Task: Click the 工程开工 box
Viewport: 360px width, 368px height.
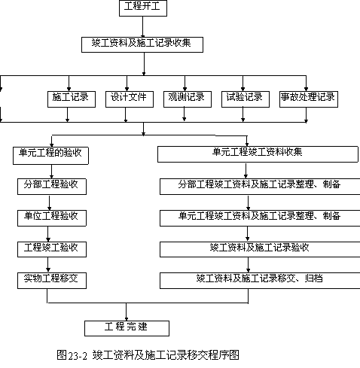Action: [x=143, y=8]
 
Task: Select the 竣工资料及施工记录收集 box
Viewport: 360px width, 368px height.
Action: [x=142, y=44]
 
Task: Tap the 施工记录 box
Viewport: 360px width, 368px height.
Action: [x=72, y=99]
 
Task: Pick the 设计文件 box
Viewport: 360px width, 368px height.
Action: [x=130, y=99]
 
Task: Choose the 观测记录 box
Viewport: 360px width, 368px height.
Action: [x=188, y=99]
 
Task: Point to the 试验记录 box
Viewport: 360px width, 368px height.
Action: [x=246, y=99]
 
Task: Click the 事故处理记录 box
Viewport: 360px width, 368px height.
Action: [x=309, y=99]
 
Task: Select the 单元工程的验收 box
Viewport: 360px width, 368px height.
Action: [x=50, y=156]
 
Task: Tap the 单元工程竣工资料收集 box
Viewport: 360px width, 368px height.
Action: [x=258, y=154]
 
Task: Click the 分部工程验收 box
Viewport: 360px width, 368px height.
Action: [x=52, y=187]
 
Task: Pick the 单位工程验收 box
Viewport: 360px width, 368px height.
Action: [x=52, y=218]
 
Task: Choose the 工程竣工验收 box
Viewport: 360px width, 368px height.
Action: [x=52, y=250]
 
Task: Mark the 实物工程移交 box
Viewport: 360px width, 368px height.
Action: [x=52, y=281]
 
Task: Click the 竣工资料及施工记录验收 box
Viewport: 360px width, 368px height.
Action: [x=260, y=250]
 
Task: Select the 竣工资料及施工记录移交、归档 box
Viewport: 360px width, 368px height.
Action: [x=260, y=281]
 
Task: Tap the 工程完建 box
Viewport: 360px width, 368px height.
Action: [x=127, y=328]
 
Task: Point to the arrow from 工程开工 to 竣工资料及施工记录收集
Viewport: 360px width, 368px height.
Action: [x=143, y=27]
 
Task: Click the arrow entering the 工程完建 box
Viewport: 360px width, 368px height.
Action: [x=127, y=312]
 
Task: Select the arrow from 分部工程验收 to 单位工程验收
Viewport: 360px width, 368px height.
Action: [x=50, y=202]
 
